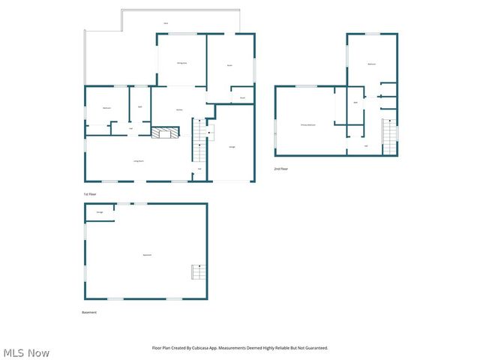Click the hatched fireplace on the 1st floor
tap(166, 133)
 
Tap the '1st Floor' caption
tap(90, 193)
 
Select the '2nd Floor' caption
tap(280, 169)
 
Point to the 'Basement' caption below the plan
tap(89, 312)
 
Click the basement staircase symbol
tap(198, 271)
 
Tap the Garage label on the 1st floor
tap(232, 146)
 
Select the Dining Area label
tap(181, 63)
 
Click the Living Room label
tap(139, 161)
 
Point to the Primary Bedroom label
tap(308, 124)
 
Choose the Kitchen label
tap(180, 110)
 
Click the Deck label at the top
tap(166, 23)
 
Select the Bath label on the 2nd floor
tap(355, 102)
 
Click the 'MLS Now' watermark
tap(26, 352)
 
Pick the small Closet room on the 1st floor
tap(243, 97)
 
